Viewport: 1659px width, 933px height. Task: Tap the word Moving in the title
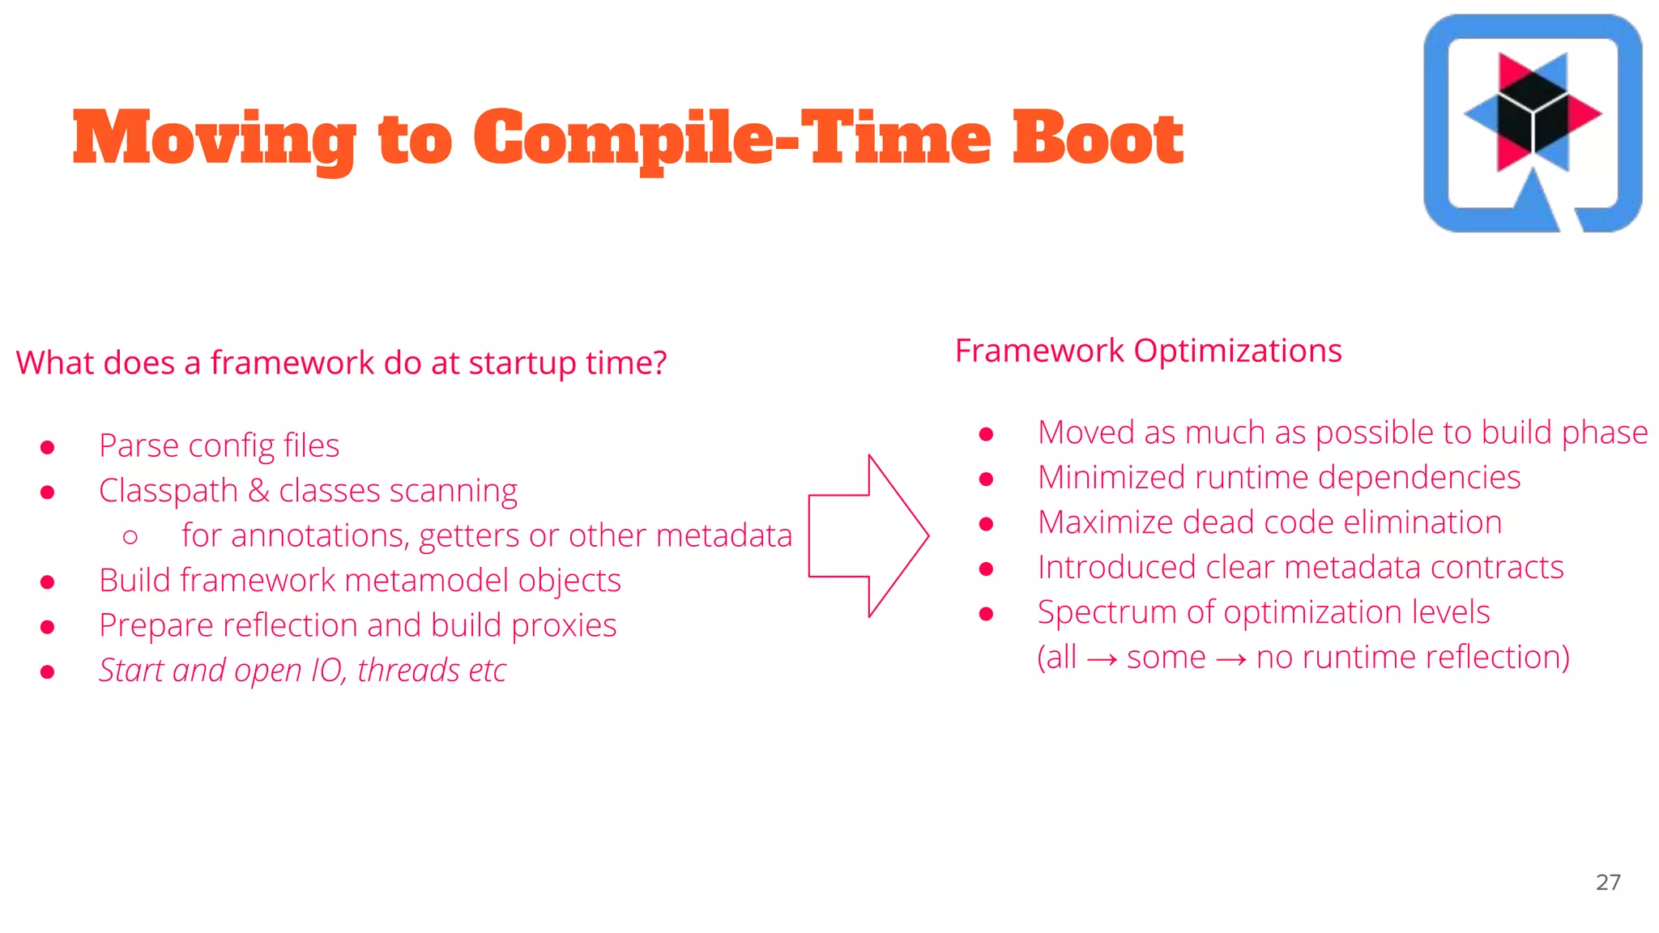(213, 139)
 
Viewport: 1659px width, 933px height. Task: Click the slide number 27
(1608, 882)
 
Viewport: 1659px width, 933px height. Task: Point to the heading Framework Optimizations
(1148, 351)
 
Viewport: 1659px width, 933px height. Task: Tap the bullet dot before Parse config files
(48, 447)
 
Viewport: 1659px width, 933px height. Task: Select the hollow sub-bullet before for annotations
(130, 536)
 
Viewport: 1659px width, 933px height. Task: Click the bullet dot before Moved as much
(986, 435)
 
